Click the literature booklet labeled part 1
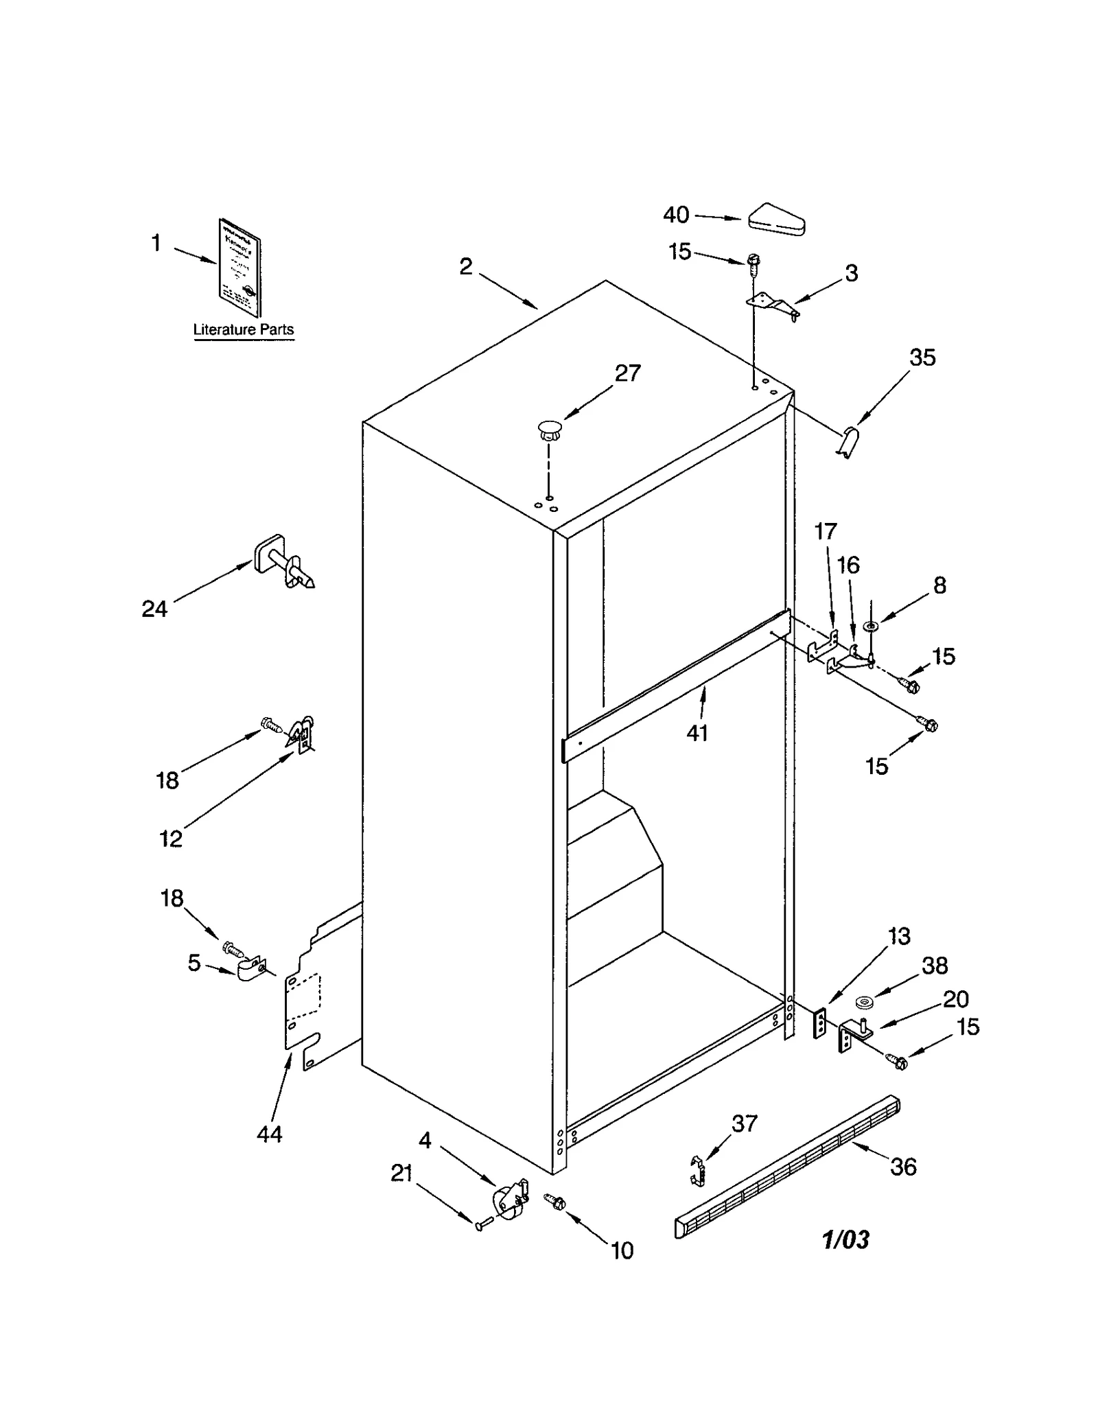click(x=240, y=268)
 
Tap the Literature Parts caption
click(x=243, y=329)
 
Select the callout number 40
click(x=675, y=215)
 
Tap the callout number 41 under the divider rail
click(x=697, y=733)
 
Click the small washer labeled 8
click(x=871, y=626)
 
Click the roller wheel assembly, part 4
click(x=510, y=1202)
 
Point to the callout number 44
click(x=269, y=1134)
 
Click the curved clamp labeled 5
click(x=250, y=969)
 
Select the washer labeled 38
click(x=863, y=1004)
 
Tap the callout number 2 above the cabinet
click(x=466, y=266)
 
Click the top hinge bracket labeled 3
click(x=772, y=303)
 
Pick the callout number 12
click(x=171, y=839)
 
